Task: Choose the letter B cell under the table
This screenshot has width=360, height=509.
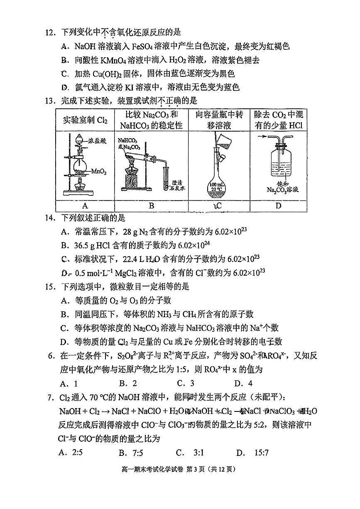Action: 152,206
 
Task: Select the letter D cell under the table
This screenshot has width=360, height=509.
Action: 278,206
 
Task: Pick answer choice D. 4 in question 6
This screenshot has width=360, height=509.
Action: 243,383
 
